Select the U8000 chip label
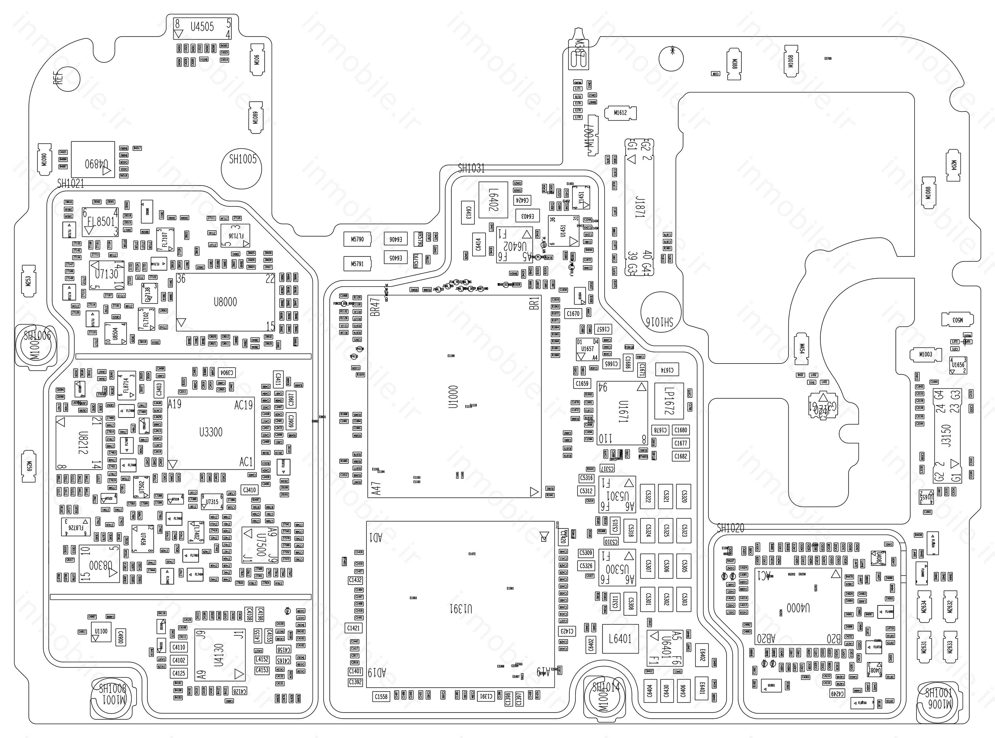225,302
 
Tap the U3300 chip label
210,432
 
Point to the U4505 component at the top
202,27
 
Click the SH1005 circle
242,165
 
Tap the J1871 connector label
640,208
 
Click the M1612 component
620,112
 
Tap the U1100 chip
101,632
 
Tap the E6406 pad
395,239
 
